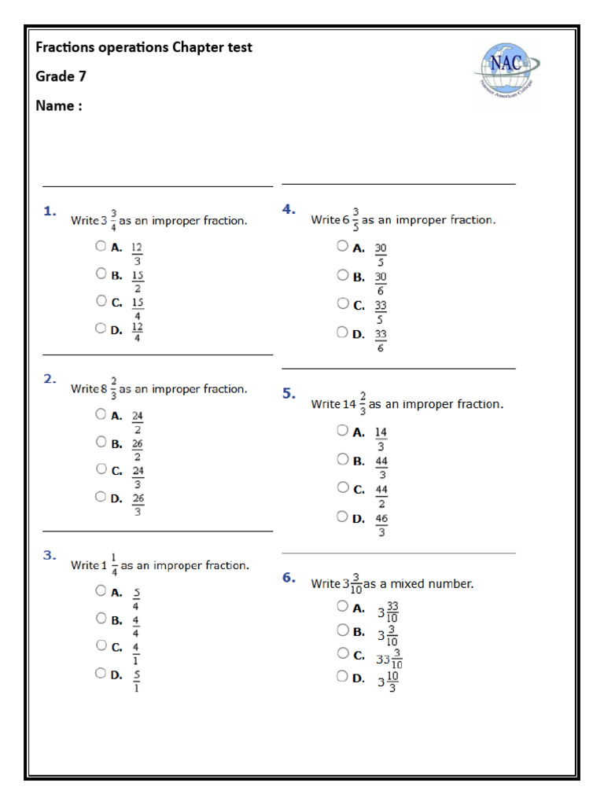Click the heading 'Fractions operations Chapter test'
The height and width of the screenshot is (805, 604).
tap(144, 47)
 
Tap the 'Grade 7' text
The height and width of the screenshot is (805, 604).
tap(61, 76)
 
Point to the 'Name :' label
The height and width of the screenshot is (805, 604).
tap(58, 105)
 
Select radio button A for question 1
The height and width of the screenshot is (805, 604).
tap(101, 245)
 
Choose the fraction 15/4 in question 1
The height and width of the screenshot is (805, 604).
tap(138, 309)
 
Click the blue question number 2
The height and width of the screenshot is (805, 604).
tap(50, 379)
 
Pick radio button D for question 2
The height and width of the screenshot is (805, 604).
tap(101, 496)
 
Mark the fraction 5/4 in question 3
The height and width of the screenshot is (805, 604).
tap(137, 599)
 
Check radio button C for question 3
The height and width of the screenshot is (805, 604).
tap(101, 645)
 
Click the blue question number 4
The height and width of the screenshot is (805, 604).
tap(289, 208)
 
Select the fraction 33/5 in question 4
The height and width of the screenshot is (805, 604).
tap(381, 312)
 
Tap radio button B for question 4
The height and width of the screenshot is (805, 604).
tap(342, 275)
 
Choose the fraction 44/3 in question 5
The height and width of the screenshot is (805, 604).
tap(381, 468)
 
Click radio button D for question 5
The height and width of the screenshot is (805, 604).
tap(342, 516)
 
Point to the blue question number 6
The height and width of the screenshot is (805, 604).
tap(289, 578)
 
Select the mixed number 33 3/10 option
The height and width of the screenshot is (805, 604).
tap(389, 659)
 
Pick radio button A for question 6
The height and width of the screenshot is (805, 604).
tap(342, 605)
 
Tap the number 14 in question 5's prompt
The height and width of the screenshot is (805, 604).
tap(349, 405)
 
